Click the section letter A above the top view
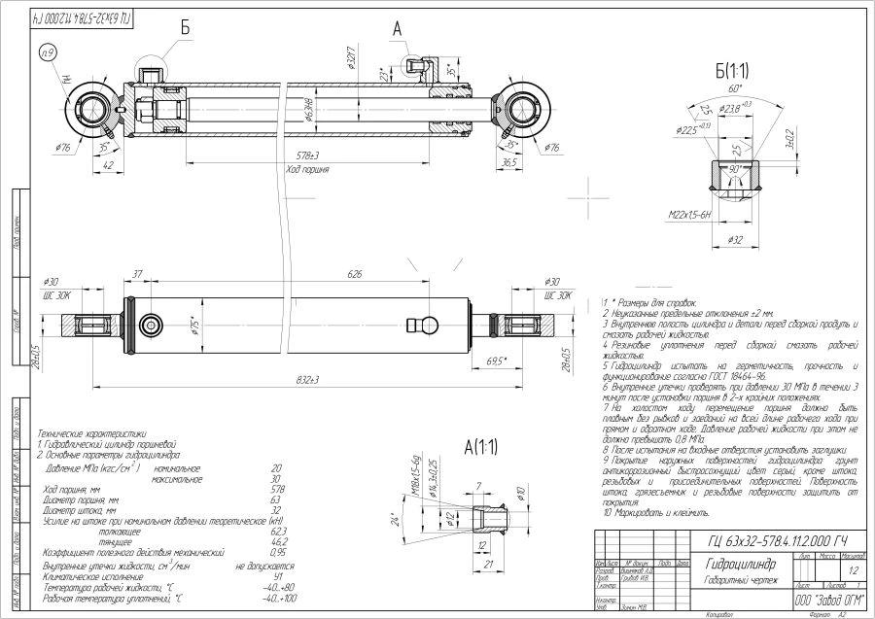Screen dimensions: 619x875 tap(397, 29)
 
